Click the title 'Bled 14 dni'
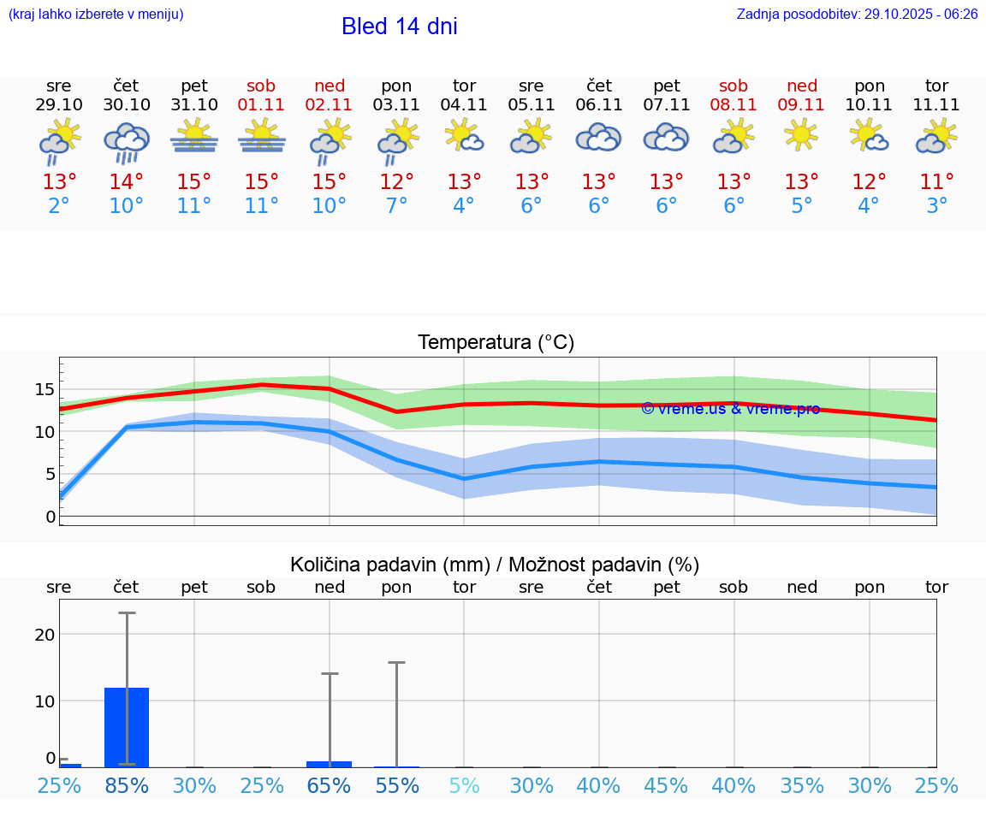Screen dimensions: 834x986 399,27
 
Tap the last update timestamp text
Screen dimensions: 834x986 857,14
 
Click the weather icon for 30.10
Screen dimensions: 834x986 127,140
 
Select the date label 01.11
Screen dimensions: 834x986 262,105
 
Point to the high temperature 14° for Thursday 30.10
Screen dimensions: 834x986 127,182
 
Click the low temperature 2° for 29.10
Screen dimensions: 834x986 59,206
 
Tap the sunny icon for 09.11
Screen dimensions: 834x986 802,135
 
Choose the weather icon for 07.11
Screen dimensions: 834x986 666,137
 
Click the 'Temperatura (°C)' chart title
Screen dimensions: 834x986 496,343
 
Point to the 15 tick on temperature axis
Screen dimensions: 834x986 45,390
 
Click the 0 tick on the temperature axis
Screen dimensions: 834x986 50,517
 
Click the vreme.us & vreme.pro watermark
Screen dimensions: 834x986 730,409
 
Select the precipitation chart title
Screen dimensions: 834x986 495,565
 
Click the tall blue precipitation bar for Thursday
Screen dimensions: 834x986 127,727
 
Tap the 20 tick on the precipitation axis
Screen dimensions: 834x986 45,635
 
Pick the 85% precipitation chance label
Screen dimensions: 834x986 127,786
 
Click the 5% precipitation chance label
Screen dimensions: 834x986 465,786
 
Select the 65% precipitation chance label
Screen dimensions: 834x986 330,786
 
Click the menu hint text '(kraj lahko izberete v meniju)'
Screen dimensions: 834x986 96,14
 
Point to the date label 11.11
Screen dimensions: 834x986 936,105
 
